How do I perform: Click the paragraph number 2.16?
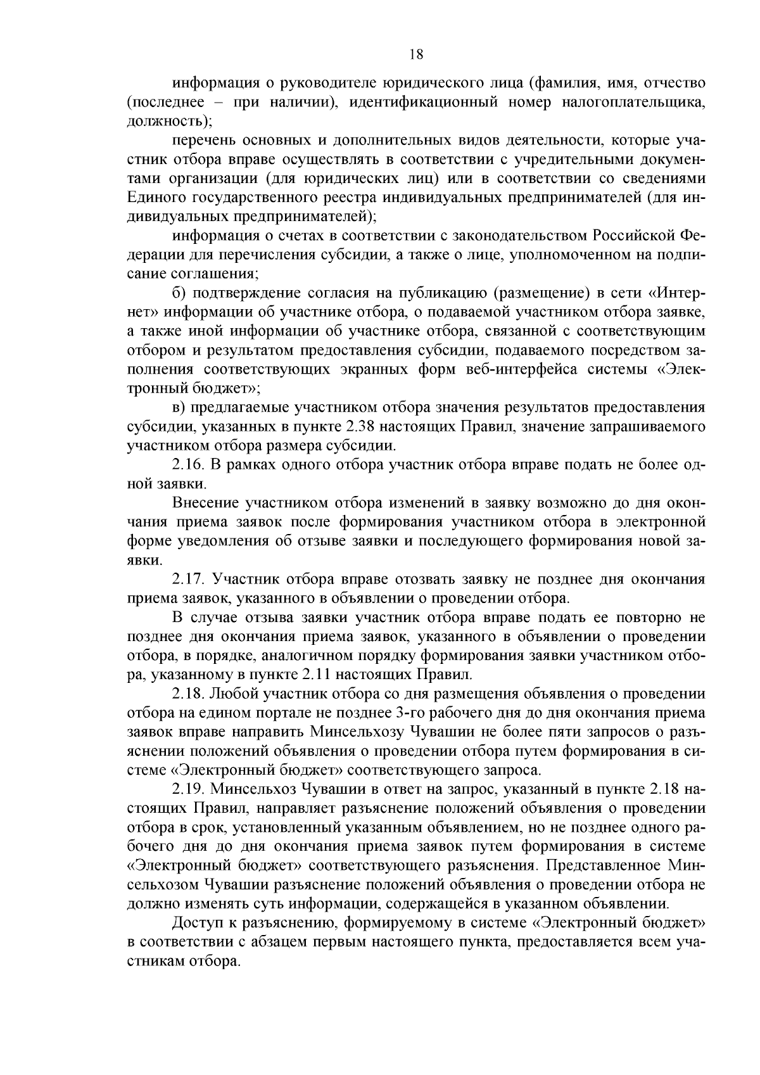tap(187, 465)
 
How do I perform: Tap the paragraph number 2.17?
tap(187, 579)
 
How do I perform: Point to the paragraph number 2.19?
tap(187, 789)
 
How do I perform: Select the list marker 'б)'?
tap(179, 293)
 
